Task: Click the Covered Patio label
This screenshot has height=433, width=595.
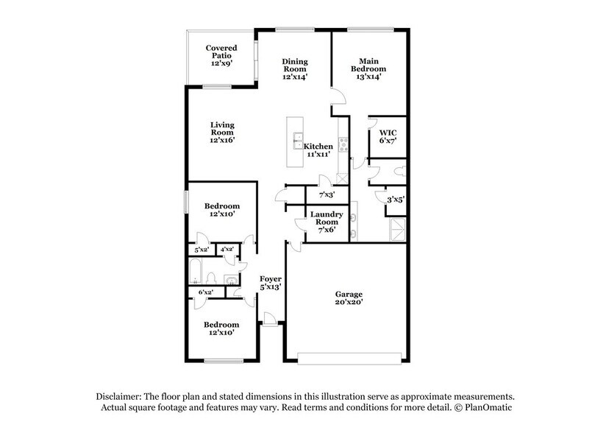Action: coord(221,56)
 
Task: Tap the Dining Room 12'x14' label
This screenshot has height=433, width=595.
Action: coord(296,68)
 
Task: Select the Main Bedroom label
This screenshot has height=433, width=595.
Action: coord(369,68)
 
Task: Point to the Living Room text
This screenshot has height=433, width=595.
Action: coord(221,132)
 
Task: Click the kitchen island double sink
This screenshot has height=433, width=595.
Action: coord(299,138)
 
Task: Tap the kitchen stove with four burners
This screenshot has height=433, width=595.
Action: coord(343,144)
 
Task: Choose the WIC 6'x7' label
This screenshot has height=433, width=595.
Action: coord(388,137)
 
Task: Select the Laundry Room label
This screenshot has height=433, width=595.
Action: coord(326,222)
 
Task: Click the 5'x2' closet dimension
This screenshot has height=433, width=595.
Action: coord(201,250)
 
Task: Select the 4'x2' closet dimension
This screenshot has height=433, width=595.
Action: coord(227,250)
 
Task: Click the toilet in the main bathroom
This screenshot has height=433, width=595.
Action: coord(399,172)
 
